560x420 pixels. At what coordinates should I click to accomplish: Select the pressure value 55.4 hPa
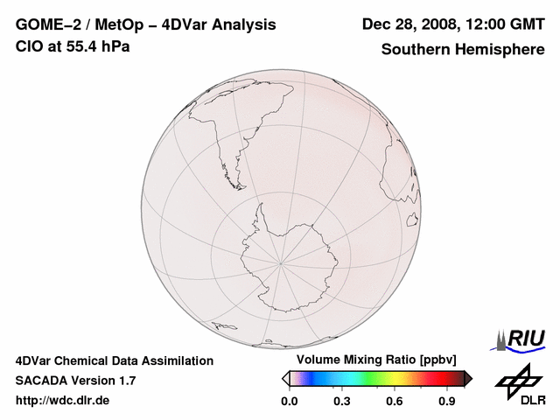coord(99,45)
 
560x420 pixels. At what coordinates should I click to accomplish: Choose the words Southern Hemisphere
coord(463,49)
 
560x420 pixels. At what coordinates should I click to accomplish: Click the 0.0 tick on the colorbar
coord(290,402)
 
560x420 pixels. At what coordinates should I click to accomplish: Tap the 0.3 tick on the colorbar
coord(342,402)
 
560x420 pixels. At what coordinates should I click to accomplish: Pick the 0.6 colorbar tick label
coord(395,402)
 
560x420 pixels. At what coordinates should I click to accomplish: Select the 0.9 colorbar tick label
coord(447,402)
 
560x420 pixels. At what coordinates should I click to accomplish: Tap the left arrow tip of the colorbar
coord(284,378)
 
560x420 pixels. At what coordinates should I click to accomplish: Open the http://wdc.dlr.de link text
coord(63,401)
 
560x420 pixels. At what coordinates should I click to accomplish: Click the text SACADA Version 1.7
coord(75,381)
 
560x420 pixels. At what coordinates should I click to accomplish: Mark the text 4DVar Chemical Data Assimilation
coord(114,360)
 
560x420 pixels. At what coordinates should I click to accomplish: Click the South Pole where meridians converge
coord(281,261)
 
